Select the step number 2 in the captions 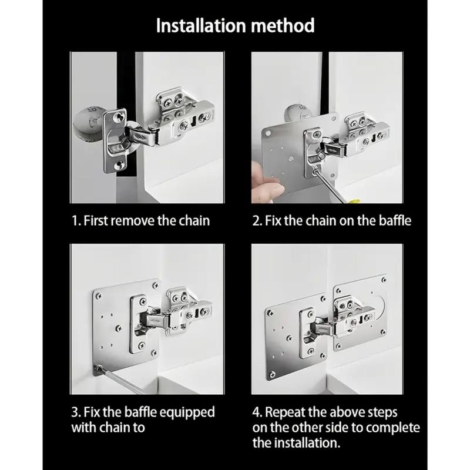click(256, 221)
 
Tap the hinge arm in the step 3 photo click(162, 320)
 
